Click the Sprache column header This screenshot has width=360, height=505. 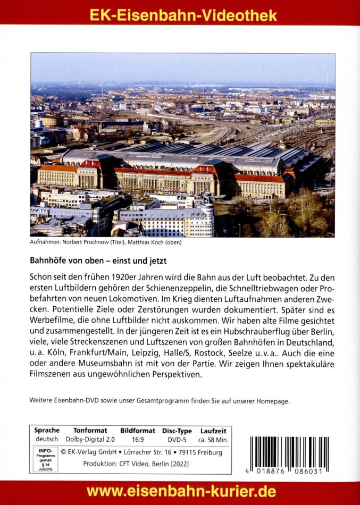tap(47, 430)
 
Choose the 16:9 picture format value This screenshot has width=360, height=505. tap(137, 440)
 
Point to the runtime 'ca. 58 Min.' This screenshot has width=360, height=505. tap(213, 440)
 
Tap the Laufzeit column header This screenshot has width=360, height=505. tap(213, 430)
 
